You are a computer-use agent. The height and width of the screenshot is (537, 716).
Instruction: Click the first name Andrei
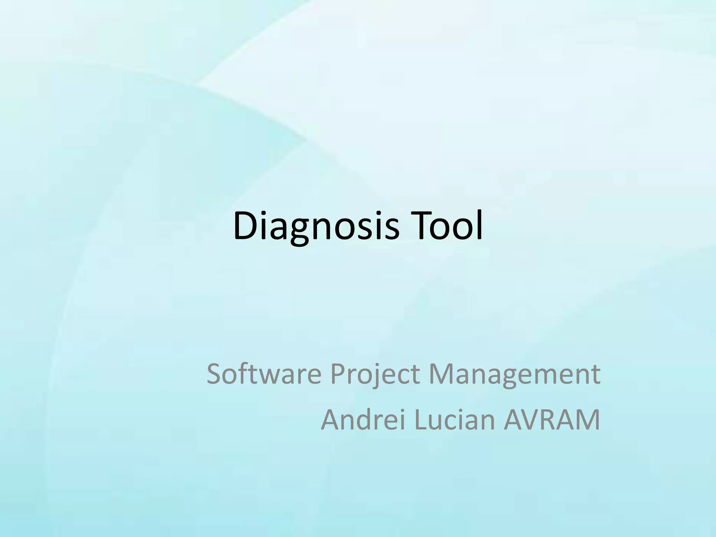[x=363, y=420]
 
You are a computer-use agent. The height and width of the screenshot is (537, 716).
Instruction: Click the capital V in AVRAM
[x=535, y=420]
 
